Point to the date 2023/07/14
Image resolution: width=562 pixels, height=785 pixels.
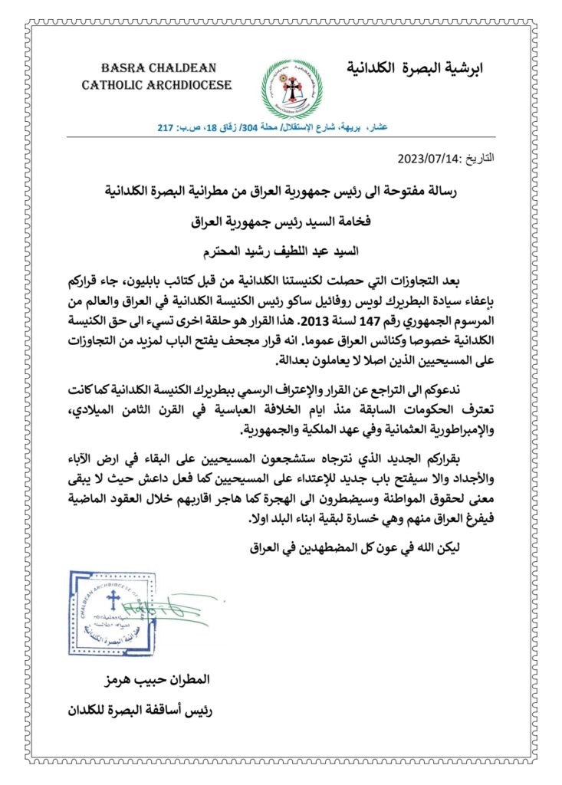coord(426,159)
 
